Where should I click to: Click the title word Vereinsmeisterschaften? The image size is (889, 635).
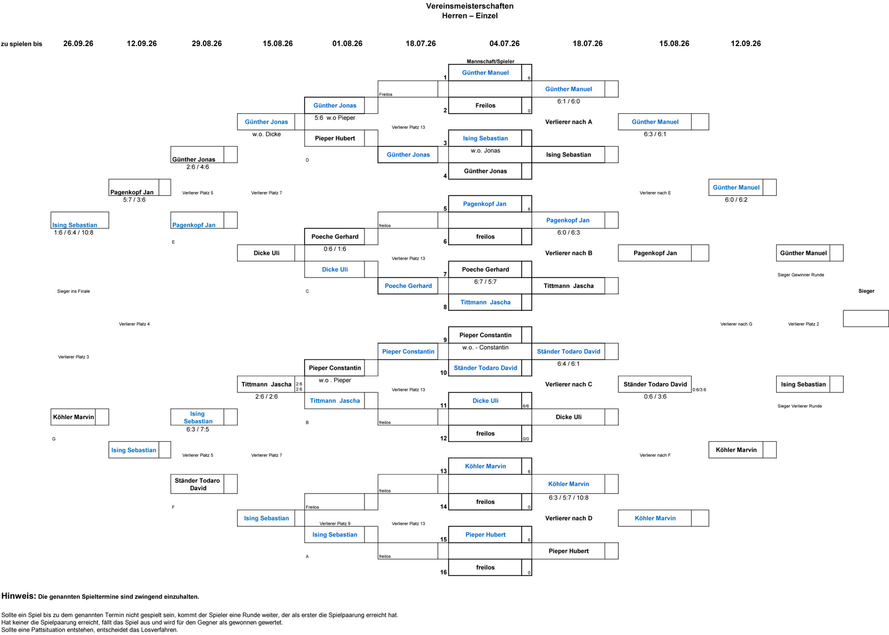pyautogui.click(x=470, y=6)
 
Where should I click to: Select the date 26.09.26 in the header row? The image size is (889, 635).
pyautogui.click(x=78, y=44)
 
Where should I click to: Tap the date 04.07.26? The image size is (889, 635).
pyautogui.click(x=505, y=44)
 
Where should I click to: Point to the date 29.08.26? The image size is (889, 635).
pyautogui.click(x=207, y=44)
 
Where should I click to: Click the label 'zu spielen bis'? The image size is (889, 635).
pyautogui.click(x=22, y=44)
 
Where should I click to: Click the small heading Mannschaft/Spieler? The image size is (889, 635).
pyautogui.click(x=490, y=62)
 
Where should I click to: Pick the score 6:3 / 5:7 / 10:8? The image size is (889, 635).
pyautogui.click(x=568, y=498)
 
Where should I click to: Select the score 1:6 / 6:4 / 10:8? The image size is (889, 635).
pyautogui.click(x=74, y=233)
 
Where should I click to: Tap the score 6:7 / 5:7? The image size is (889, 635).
pyautogui.click(x=486, y=282)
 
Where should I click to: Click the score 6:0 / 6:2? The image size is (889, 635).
pyautogui.click(x=736, y=200)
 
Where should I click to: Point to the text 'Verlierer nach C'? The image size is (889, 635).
pyautogui.click(x=568, y=385)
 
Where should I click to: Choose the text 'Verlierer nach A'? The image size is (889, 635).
pyautogui.click(x=568, y=122)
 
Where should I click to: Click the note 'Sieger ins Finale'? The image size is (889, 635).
pyautogui.click(x=73, y=291)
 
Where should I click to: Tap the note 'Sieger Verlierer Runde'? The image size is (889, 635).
pyautogui.click(x=800, y=406)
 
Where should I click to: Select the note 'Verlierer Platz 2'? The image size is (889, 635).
pyautogui.click(x=803, y=324)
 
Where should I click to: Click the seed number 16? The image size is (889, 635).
pyautogui.click(x=443, y=572)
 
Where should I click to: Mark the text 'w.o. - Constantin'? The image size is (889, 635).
pyautogui.click(x=486, y=347)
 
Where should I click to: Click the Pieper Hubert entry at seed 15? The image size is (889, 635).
pyautogui.click(x=486, y=535)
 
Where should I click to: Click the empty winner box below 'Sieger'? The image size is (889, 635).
pyautogui.click(x=866, y=319)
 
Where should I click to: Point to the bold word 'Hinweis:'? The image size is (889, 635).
pyautogui.click(x=19, y=596)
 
